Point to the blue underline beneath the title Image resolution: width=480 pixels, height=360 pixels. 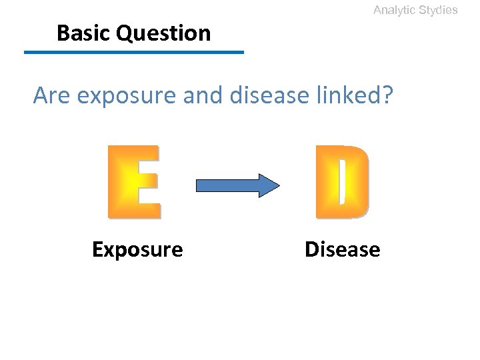134,52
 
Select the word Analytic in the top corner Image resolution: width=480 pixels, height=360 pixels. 394,10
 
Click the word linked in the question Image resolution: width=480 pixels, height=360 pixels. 351,97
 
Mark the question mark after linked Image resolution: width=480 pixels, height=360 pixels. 387,97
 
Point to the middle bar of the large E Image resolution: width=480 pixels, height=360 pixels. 133,181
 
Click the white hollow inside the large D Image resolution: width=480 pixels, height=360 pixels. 341,181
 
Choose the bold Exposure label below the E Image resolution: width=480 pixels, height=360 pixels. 137,250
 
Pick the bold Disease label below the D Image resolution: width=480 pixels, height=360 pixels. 342,250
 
